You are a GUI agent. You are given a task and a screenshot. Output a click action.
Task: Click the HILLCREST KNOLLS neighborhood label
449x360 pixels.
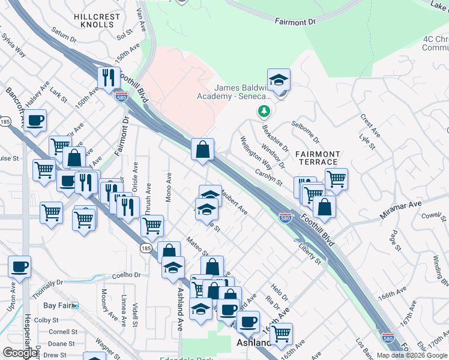(94, 20)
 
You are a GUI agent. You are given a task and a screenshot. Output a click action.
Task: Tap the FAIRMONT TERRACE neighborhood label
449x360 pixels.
(318, 158)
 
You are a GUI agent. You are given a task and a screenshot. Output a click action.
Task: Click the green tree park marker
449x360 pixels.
(263, 112)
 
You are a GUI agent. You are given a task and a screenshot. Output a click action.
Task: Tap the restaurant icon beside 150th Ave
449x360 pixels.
(109, 78)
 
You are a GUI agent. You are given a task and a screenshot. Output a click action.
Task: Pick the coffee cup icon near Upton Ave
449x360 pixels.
(19, 266)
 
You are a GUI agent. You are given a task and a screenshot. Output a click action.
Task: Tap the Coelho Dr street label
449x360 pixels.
(126, 275)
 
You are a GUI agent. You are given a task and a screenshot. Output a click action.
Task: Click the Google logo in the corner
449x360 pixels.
(20, 353)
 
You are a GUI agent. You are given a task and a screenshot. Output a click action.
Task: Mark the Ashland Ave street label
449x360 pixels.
(179, 300)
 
